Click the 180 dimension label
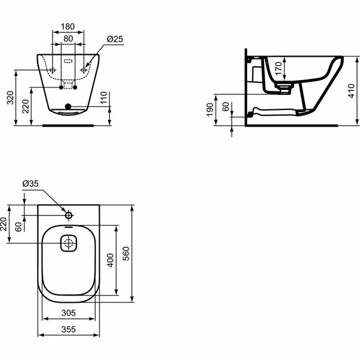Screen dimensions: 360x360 click(67, 27)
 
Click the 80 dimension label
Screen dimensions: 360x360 click(68, 39)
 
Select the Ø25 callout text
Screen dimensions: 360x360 click(115, 39)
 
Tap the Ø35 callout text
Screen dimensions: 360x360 click(30, 184)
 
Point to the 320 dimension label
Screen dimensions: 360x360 click(11, 98)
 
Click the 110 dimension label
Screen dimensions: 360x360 click(104, 97)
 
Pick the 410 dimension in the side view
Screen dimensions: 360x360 click(352, 91)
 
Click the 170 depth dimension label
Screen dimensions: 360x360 click(278, 69)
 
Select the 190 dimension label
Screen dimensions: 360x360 click(210, 110)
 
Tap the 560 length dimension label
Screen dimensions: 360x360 click(126, 254)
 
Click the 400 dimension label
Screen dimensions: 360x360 click(110, 260)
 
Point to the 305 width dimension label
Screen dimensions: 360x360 click(69, 313)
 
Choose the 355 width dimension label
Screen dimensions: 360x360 click(69, 330)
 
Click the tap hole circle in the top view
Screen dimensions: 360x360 click(69, 216)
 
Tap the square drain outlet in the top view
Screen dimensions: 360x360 click(69, 243)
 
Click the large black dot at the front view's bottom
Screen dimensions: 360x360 click(68, 106)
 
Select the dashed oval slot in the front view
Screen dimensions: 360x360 click(68, 61)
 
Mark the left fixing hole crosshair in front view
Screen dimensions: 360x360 click(53, 70)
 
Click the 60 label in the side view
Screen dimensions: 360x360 click(226, 107)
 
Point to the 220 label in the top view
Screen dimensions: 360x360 click(4, 224)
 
